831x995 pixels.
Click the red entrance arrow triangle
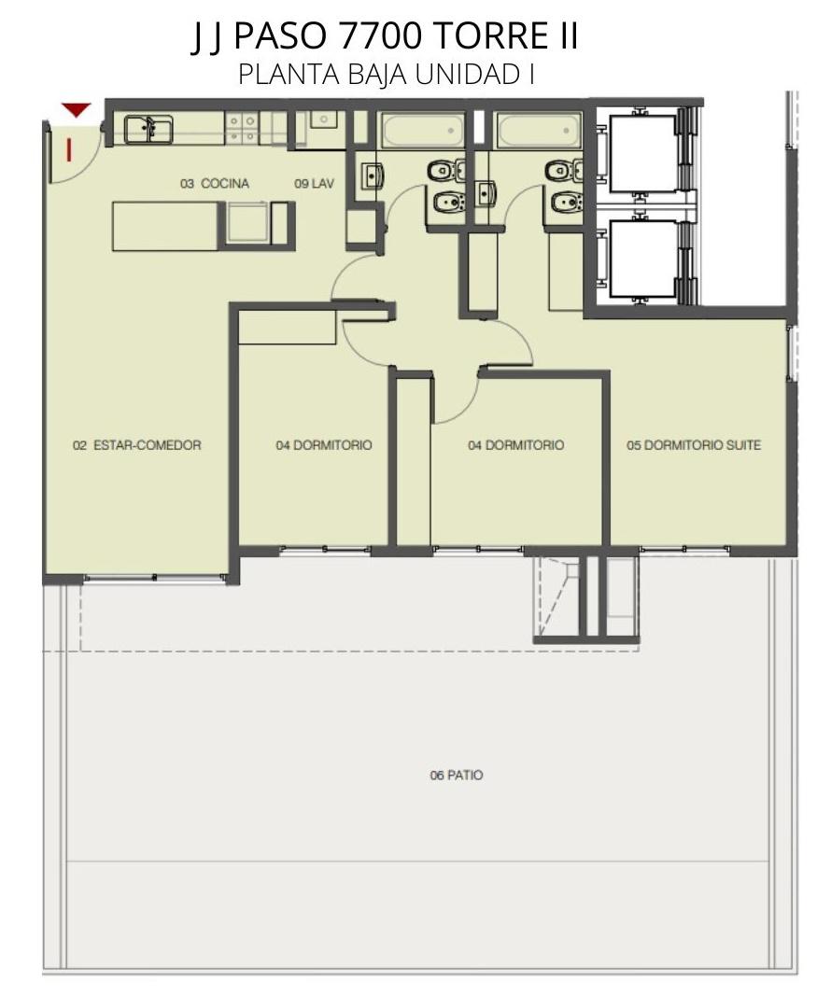tap(77, 109)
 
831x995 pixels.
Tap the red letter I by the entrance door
tap(68, 150)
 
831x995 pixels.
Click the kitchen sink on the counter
tap(148, 130)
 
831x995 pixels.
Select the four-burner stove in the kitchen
tap(241, 127)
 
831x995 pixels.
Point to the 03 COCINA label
tap(215, 184)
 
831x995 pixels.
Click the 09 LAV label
tap(314, 184)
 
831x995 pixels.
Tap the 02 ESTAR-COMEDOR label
tap(137, 445)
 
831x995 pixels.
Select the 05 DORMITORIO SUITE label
tap(694, 445)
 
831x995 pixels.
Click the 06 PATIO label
tap(457, 775)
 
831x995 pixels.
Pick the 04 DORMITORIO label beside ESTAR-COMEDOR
tap(324, 445)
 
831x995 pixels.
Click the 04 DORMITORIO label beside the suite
tap(516, 445)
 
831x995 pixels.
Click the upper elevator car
tap(642, 153)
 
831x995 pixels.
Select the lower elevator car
tap(642, 259)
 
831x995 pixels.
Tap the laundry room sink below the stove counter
tap(323, 120)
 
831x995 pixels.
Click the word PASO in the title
tap(279, 36)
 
